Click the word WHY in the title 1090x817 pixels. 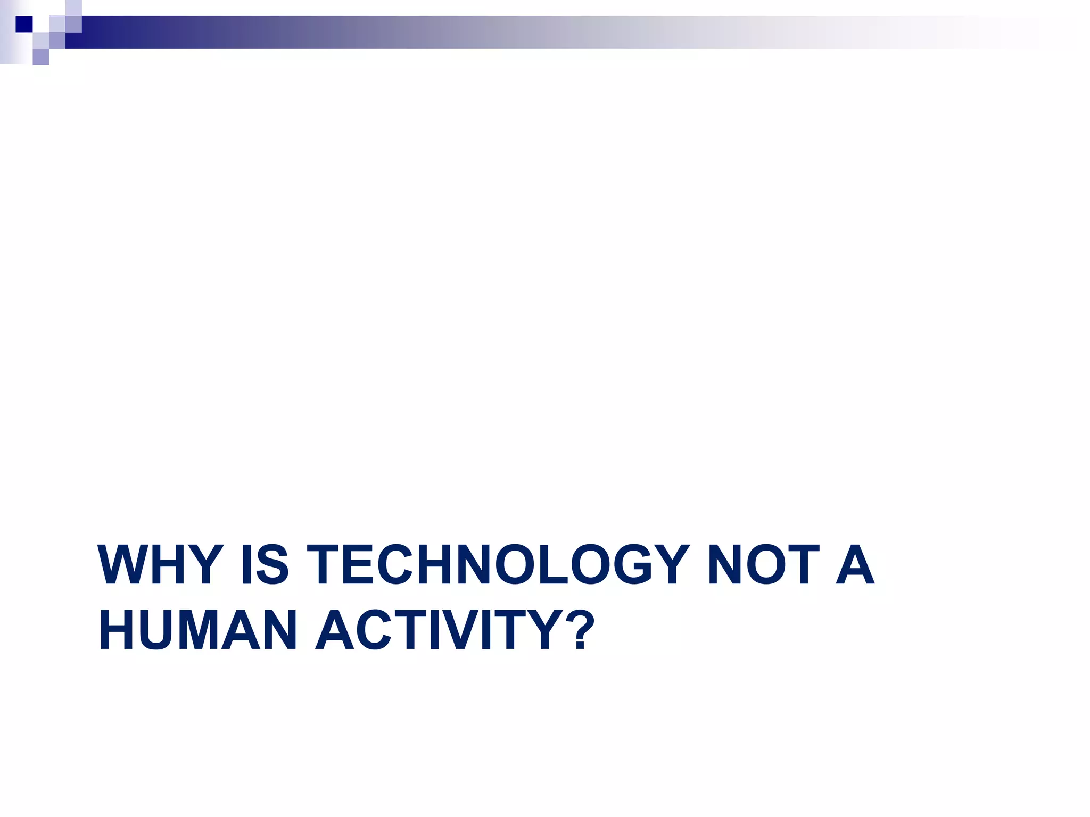click(x=160, y=565)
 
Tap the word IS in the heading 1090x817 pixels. click(x=265, y=565)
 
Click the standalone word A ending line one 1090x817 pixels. click(x=855, y=565)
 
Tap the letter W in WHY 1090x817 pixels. click(x=123, y=565)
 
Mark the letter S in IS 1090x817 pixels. click(x=272, y=565)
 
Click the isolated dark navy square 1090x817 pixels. click(x=24, y=24)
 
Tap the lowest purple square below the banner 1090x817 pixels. click(x=41, y=57)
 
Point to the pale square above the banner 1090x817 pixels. click(x=73, y=8)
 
